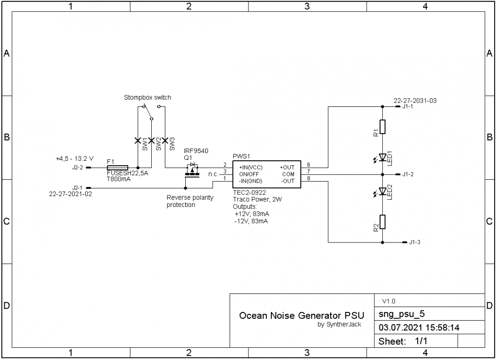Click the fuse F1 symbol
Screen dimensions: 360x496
click(x=117, y=167)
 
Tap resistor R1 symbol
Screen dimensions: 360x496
click(x=383, y=127)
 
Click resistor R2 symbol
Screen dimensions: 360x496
click(x=383, y=222)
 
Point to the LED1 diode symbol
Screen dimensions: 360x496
click(x=382, y=157)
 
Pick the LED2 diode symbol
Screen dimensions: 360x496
click(x=382, y=191)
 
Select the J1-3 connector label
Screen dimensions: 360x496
click(x=414, y=242)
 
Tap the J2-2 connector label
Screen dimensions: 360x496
click(x=77, y=168)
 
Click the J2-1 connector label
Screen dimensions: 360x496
click(x=77, y=188)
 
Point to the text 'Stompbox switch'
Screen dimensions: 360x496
click(x=147, y=98)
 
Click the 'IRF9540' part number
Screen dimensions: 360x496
click(x=196, y=151)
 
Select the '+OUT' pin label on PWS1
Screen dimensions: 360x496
click(x=287, y=167)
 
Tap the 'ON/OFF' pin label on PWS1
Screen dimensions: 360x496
click(x=249, y=173)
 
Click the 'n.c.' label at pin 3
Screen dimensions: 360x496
click(x=213, y=174)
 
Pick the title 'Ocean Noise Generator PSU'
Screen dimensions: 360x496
click(x=295, y=316)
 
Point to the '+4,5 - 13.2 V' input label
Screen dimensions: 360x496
click(x=74, y=159)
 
